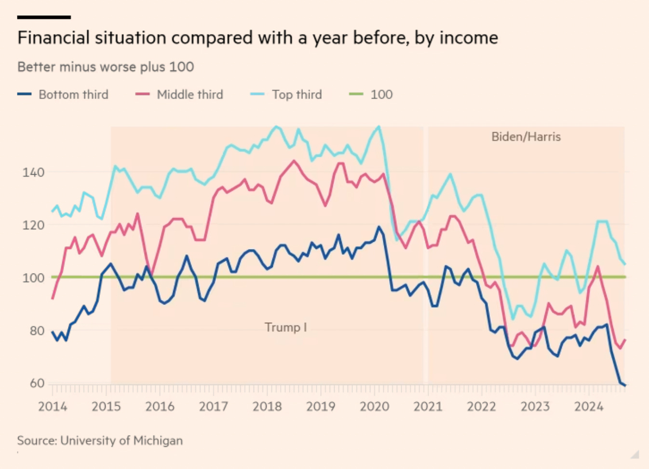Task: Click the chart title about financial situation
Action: pos(257,38)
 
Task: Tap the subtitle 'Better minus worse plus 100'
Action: pos(106,67)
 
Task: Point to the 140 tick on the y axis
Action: pos(33,172)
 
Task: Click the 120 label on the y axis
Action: pos(33,225)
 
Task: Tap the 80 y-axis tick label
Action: pos(37,331)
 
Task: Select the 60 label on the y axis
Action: pos(37,383)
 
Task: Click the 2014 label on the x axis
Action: pos(53,407)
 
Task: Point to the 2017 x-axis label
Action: pos(214,407)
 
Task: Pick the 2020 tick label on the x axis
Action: pos(374,407)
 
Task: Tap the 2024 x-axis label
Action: pos(589,407)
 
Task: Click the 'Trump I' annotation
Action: pos(285,327)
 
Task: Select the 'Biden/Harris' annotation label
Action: pos(526,137)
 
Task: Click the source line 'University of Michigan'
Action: pos(100,441)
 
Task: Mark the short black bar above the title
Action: pos(44,17)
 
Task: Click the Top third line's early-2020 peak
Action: pos(379,127)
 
